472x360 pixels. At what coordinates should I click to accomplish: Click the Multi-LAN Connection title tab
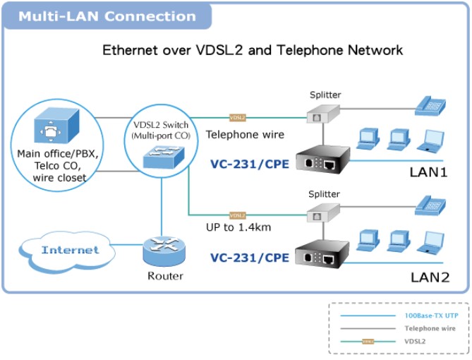click(x=107, y=16)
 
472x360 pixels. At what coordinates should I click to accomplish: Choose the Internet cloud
click(x=69, y=250)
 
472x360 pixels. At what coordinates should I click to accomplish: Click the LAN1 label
click(x=429, y=172)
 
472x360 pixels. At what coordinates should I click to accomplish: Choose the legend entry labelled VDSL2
click(x=416, y=341)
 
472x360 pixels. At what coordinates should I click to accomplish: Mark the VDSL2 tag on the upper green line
click(x=237, y=117)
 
